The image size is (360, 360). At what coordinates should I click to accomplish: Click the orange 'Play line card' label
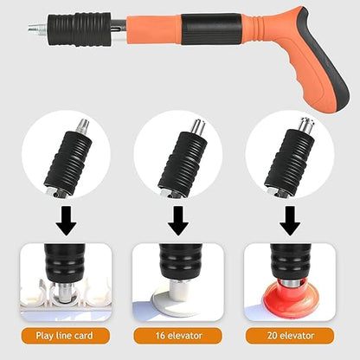coord(65,335)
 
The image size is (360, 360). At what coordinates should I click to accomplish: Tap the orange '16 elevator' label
coord(178,335)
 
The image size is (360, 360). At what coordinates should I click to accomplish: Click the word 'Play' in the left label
coord(48,335)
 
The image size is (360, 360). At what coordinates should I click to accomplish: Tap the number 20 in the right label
coord(267,335)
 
